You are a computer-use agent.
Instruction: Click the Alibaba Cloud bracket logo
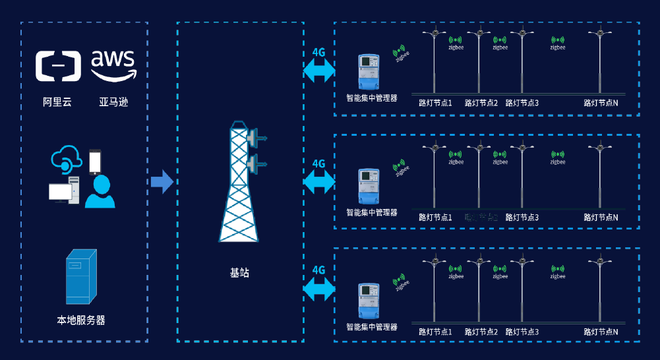[58, 67]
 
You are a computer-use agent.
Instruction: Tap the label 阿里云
[57, 102]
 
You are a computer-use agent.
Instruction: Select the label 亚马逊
[113, 102]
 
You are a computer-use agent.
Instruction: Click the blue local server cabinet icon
[80, 276]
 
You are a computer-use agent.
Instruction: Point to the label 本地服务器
[81, 320]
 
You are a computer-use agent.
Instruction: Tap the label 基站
[239, 272]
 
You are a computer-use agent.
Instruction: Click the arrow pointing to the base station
[162, 181]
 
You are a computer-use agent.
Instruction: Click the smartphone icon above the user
[96, 160]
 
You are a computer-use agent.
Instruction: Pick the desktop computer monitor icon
[60, 192]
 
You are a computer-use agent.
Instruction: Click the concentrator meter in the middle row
[368, 186]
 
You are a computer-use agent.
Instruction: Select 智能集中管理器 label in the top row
[372, 98]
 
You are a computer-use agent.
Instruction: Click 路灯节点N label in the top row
[601, 103]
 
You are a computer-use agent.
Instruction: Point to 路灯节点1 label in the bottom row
[435, 332]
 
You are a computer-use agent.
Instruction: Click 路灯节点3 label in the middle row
[522, 217]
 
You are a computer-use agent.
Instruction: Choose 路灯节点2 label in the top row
[481, 103]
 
